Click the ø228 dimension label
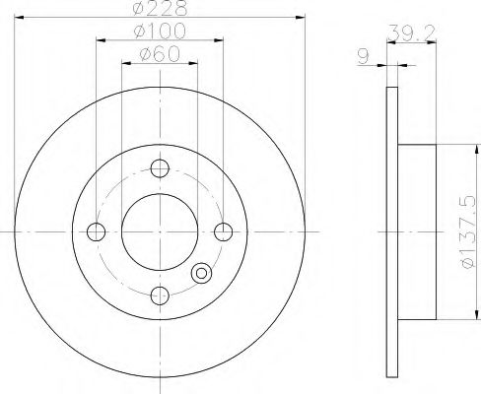click(160, 8)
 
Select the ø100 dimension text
click(160, 32)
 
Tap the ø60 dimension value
click(160, 53)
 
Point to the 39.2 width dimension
click(411, 33)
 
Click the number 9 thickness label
click(363, 57)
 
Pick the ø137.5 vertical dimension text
click(467, 231)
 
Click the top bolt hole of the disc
click(160, 168)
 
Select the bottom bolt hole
click(160, 295)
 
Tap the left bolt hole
click(96, 231)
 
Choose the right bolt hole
click(224, 231)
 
